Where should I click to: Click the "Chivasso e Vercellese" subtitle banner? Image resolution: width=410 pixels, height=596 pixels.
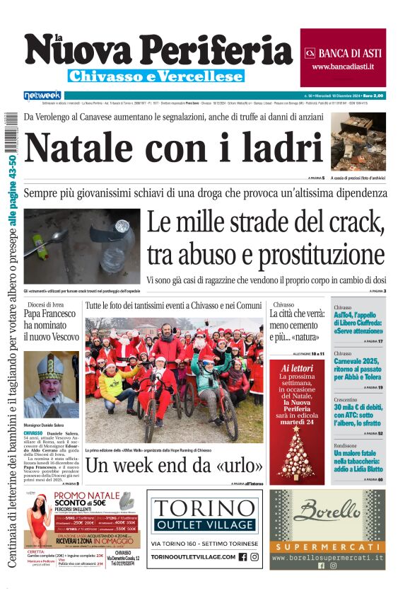(x=156, y=76)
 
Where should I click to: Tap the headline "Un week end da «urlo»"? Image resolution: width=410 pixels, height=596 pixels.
(x=175, y=465)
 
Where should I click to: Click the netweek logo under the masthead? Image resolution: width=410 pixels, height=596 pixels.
(x=42, y=95)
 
